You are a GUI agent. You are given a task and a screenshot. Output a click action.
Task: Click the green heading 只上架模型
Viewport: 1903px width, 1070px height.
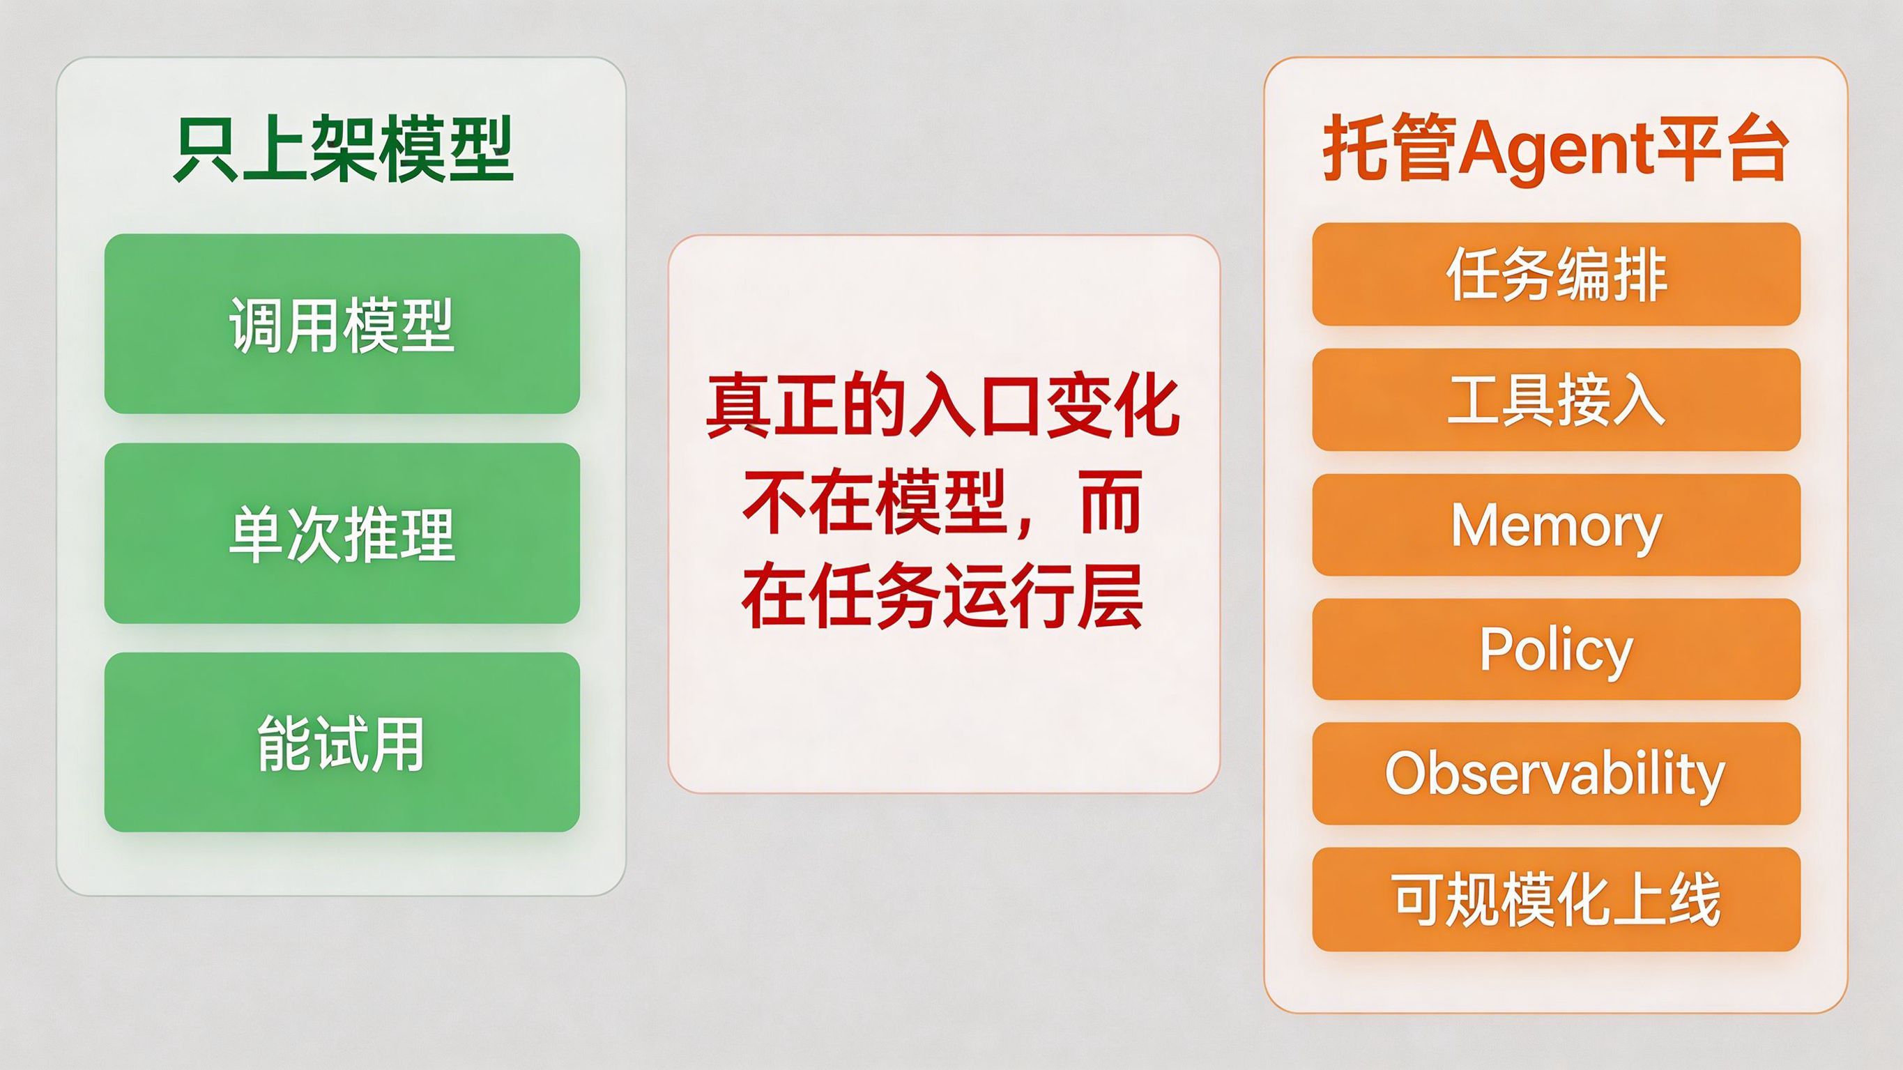[x=344, y=149]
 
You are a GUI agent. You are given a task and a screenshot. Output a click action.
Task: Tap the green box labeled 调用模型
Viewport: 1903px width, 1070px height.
[x=342, y=323]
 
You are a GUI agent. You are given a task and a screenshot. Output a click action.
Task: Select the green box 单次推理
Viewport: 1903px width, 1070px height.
[x=342, y=533]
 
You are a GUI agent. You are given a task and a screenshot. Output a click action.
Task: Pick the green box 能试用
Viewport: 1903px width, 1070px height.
[x=342, y=742]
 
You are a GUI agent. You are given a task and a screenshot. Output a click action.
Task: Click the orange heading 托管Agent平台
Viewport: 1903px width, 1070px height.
[x=1556, y=149]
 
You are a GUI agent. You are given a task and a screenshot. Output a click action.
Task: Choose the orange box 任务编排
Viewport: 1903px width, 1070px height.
[x=1557, y=274]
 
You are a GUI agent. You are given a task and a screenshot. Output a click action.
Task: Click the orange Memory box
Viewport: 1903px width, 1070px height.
[x=1557, y=525]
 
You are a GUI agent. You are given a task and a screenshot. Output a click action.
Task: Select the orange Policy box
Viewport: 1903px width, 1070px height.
[x=1557, y=649]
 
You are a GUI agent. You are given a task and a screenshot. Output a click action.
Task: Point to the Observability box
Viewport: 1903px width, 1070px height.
[x=1557, y=774]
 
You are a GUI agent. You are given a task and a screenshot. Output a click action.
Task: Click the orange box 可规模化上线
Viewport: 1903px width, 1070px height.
[x=1557, y=899]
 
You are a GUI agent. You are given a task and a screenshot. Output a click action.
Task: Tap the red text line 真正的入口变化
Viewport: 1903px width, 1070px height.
[x=943, y=407]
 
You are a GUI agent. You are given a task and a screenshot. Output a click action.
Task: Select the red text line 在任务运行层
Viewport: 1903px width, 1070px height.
[x=943, y=595]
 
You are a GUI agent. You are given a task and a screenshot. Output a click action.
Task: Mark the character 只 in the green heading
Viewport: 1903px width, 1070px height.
[x=206, y=149]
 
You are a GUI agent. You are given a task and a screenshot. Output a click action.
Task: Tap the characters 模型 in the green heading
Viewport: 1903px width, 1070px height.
[x=446, y=149]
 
